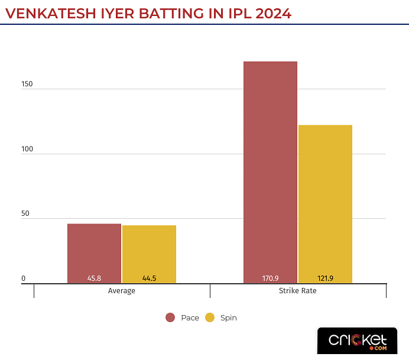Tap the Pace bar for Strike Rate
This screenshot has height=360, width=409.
click(270, 171)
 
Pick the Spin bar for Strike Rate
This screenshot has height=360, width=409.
click(325, 201)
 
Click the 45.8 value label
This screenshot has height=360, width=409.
click(94, 278)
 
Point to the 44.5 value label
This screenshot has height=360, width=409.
click(149, 278)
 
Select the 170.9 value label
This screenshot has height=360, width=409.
click(270, 278)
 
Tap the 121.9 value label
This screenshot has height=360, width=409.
click(325, 278)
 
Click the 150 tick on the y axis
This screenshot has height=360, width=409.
click(27, 84)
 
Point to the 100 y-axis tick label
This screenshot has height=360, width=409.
click(27, 149)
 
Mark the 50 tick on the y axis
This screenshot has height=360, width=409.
click(25, 213)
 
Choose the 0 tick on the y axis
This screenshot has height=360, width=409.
click(24, 278)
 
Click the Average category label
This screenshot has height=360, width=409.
click(122, 291)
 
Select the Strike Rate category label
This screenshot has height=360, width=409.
click(297, 291)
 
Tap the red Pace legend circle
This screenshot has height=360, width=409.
click(170, 318)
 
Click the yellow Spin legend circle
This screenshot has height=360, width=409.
click(209, 318)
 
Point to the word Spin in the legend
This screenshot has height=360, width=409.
click(228, 318)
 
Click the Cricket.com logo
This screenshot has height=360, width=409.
click(357, 342)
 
